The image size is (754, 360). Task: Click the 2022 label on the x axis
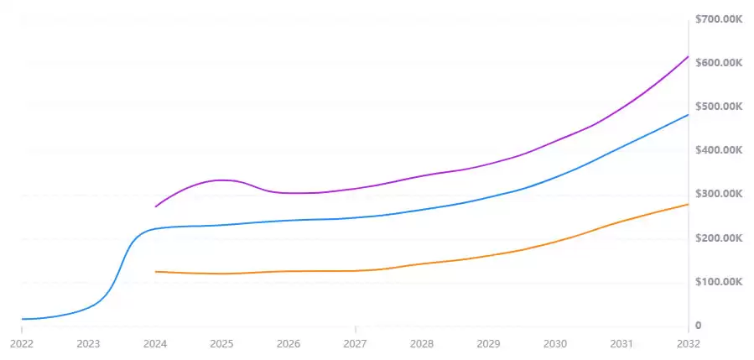click(x=21, y=343)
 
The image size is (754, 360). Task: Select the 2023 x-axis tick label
click(x=88, y=343)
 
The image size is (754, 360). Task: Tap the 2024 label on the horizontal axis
click(x=154, y=343)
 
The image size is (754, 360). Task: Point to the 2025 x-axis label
click(x=221, y=343)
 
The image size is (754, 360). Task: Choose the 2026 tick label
click(x=289, y=343)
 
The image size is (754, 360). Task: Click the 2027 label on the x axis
click(x=355, y=343)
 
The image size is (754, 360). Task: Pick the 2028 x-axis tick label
click(x=422, y=343)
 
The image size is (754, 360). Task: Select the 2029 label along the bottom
click(x=488, y=343)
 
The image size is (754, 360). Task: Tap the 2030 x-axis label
click(x=555, y=343)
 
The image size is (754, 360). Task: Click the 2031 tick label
click(x=621, y=343)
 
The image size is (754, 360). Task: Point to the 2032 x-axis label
click(x=688, y=343)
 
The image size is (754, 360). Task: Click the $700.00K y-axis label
click(x=719, y=19)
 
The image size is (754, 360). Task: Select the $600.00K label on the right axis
click(x=719, y=63)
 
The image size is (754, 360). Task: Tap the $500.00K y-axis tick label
click(x=719, y=107)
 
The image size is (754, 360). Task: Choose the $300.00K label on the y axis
click(x=719, y=194)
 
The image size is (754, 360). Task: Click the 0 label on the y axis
click(x=698, y=326)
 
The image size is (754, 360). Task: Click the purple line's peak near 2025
click(x=221, y=180)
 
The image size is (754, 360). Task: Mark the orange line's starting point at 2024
click(x=155, y=272)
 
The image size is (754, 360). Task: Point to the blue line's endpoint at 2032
click(x=689, y=115)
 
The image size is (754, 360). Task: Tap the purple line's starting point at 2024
click(x=155, y=206)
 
